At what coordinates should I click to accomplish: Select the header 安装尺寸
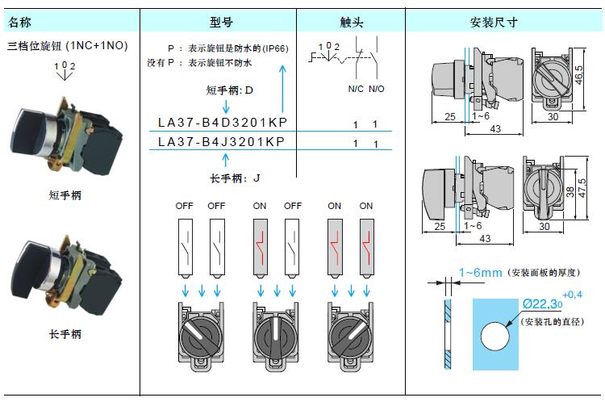pyautogui.click(x=493, y=22)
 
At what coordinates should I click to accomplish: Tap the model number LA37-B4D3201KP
pyautogui.click(x=223, y=123)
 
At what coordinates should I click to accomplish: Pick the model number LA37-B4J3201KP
pyautogui.click(x=223, y=141)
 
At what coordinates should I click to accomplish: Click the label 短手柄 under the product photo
pyautogui.click(x=65, y=195)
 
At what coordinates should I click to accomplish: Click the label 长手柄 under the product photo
pyautogui.click(x=65, y=333)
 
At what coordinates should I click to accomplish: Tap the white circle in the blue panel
pyautogui.click(x=495, y=334)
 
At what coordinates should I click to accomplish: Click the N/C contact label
pyautogui.click(x=356, y=90)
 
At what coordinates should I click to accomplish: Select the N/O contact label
pyautogui.click(x=377, y=90)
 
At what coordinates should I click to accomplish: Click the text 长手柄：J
pyautogui.click(x=235, y=178)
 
